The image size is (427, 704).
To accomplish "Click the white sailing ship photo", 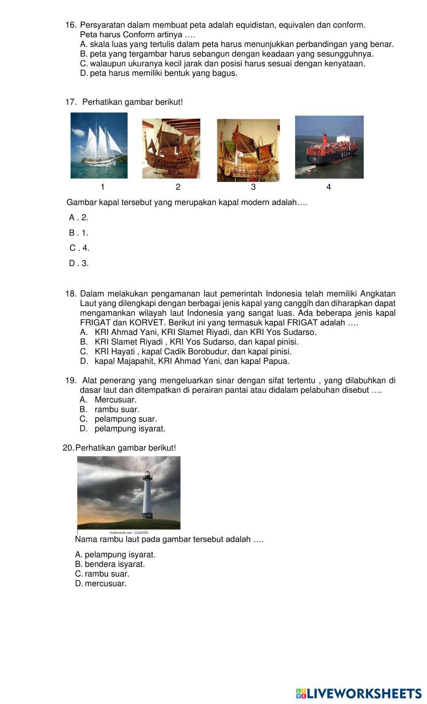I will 99,145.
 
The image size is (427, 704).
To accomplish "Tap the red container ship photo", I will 329,147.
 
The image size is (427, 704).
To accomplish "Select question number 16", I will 70,25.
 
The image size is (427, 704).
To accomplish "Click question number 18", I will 70,294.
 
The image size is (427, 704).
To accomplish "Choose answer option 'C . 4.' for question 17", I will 79,248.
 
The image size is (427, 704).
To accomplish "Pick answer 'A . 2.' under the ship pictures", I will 79,218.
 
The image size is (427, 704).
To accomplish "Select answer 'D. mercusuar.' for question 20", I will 101,584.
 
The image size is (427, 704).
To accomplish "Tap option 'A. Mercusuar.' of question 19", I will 108,400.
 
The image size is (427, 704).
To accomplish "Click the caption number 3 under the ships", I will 253,187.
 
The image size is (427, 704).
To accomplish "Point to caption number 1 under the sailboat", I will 102,187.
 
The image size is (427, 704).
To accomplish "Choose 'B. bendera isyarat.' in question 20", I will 110,564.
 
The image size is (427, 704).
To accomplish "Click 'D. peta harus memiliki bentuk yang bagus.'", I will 158,74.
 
